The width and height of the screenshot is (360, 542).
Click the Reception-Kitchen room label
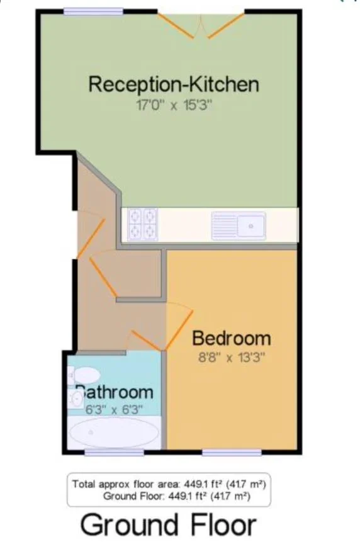pos(174,84)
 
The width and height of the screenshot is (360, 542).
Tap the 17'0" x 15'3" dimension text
pos(174,104)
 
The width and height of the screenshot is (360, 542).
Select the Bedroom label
pos(232,338)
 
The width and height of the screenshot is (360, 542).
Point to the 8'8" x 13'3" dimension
pos(232,357)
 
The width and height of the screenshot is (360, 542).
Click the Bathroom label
pos(115,392)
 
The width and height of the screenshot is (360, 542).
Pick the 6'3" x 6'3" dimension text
pos(114,410)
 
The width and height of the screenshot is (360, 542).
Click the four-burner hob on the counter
pos(143,224)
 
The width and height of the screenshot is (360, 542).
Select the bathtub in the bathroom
pos(115,432)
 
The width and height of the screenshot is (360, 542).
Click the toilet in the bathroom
pos(84,375)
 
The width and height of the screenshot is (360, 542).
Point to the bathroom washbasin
pos(76,400)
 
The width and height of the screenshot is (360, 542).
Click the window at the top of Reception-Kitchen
pos(94,11)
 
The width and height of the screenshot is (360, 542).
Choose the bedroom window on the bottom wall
pos(232,453)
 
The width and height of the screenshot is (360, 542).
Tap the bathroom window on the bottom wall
pos(115,453)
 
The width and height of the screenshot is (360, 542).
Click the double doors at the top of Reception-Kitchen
pos(201,26)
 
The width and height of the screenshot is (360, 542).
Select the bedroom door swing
pos(179,326)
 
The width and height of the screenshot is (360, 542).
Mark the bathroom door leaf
pos(145,341)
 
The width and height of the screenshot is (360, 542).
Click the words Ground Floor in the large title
pos(168,525)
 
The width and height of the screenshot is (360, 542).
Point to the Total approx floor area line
pos(169,484)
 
